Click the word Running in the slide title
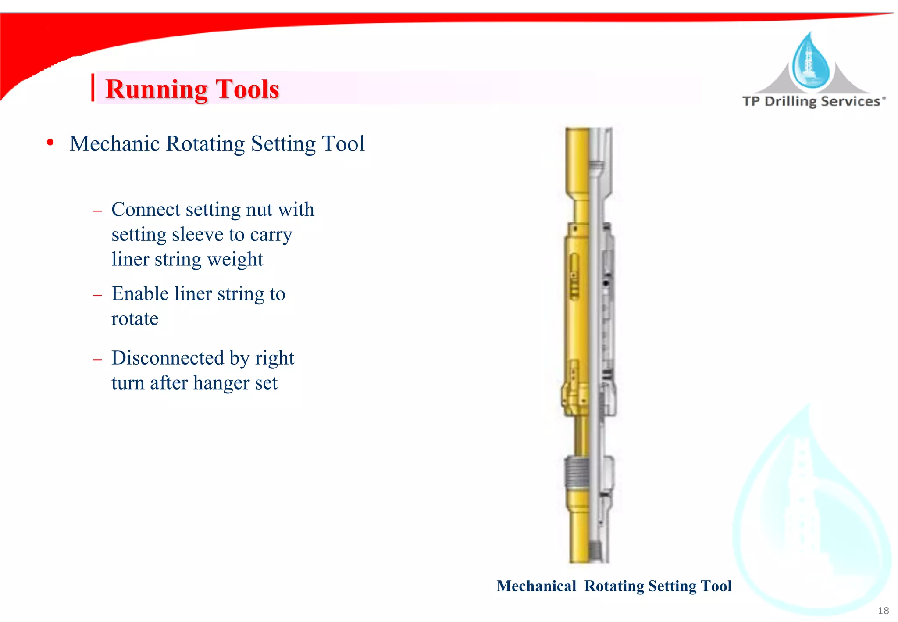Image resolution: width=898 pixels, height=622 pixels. pyautogui.click(x=156, y=89)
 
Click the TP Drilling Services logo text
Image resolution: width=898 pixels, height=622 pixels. pyautogui.click(x=813, y=101)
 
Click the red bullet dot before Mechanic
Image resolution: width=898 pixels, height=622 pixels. pyautogui.click(x=50, y=143)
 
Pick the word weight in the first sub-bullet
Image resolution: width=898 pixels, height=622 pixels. pyautogui.click(x=235, y=259)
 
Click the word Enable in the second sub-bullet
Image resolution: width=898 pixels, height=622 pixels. pyautogui.click(x=140, y=294)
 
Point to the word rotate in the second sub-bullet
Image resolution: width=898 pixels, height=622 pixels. pyautogui.click(x=135, y=319)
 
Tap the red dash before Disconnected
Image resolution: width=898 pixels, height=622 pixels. pyautogui.click(x=97, y=359)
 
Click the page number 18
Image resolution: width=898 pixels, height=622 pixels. pyautogui.click(x=883, y=611)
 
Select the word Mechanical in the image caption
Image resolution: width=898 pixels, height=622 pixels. pyautogui.click(x=536, y=586)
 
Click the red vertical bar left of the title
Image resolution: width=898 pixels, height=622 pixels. pyautogui.click(x=93, y=88)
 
